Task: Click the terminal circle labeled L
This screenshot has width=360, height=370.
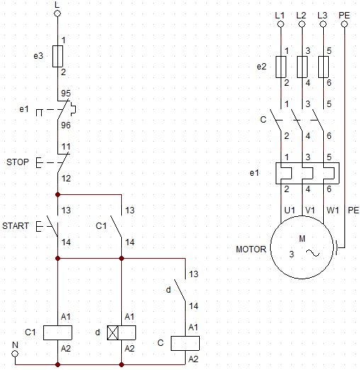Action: (57, 13)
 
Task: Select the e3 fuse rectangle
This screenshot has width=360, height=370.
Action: (57, 56)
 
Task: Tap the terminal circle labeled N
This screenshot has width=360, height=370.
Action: (15, 354)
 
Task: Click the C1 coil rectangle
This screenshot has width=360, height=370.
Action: (57, 332)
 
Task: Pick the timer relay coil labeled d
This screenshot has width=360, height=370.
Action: (121, 332)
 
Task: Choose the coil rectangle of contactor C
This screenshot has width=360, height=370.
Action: (185, 343)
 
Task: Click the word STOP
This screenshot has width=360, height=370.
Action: (18, 162)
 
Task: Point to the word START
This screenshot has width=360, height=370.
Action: (16, 226)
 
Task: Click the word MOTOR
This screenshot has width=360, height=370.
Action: (251, 250)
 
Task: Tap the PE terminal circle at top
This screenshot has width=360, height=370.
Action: (344, 24)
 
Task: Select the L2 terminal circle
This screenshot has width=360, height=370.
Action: (302, 24)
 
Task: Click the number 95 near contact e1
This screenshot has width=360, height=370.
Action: (66, 94)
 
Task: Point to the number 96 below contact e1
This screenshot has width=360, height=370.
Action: (66, 125)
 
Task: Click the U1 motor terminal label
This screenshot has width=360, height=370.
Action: (290, 210)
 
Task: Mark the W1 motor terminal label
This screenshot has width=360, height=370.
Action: (333, 210)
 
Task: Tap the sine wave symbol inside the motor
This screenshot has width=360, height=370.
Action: (313, 253)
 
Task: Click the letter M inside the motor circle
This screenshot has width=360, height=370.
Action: (302, 239)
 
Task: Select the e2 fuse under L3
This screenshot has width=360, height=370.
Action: (323, 67)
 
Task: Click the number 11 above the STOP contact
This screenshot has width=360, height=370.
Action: (66, 147)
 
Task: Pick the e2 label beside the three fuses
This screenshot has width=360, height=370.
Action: (261, 67)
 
